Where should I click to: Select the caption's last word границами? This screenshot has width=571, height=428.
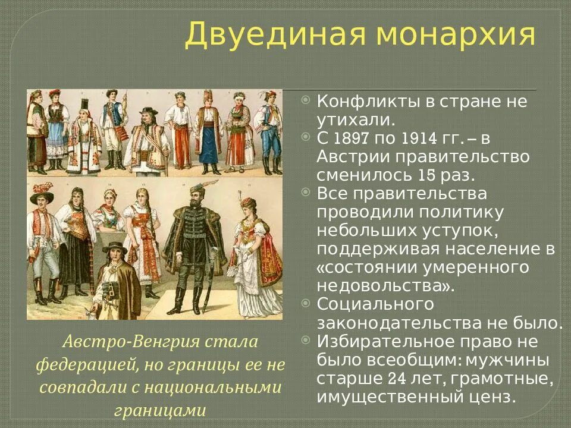[x=161, y=410]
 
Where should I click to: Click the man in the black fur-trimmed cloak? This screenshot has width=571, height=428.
[x=193, y=244]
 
